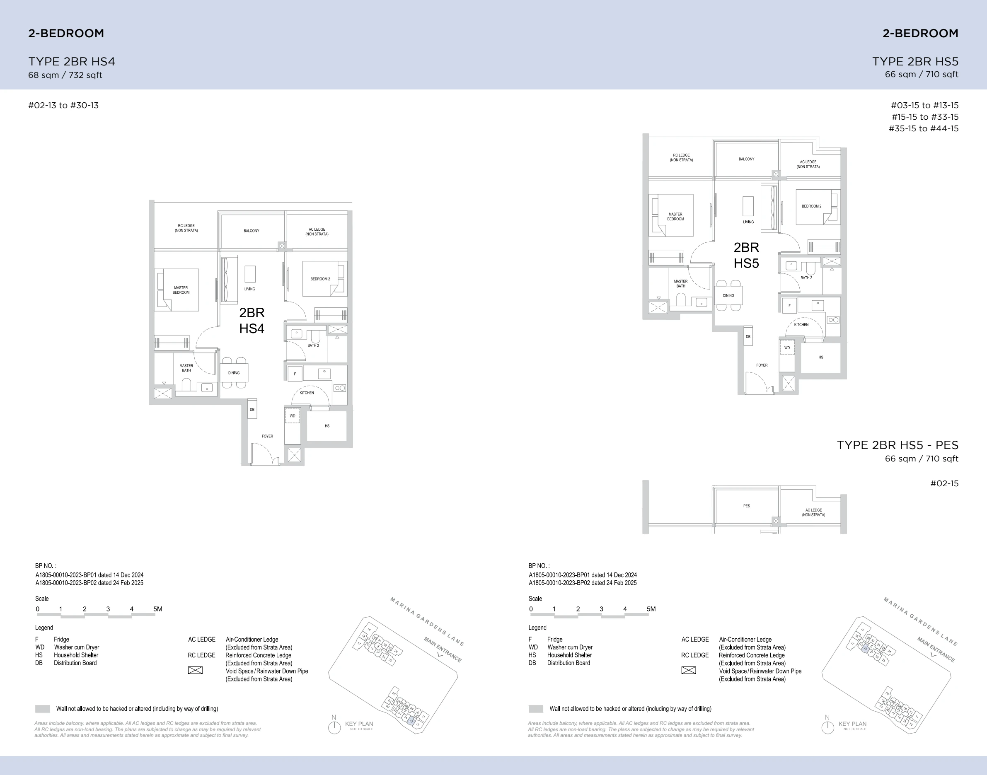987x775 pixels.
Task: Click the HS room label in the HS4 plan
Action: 327,426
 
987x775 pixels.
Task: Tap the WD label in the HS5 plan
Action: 787,348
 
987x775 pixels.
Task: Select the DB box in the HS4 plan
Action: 252,409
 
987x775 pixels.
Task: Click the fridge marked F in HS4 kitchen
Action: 295,374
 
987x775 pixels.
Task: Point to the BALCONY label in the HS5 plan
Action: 747,159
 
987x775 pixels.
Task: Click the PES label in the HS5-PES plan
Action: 747,506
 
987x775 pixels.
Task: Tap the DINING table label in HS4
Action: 234,373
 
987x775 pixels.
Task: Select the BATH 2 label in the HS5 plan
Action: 806,278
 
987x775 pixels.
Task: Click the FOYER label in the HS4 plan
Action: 267,436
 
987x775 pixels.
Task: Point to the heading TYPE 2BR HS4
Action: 72,62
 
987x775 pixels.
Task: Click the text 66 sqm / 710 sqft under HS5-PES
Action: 921,459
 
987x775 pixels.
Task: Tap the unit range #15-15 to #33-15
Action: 925,117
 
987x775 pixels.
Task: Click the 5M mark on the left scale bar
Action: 157,609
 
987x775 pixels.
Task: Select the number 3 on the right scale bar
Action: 601,609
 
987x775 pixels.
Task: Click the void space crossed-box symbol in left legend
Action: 195,670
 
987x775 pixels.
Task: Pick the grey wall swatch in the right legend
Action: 536,709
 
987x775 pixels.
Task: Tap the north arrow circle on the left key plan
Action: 334,727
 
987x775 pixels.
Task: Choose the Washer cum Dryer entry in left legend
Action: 76,647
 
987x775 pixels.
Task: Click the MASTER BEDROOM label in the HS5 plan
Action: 675,217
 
